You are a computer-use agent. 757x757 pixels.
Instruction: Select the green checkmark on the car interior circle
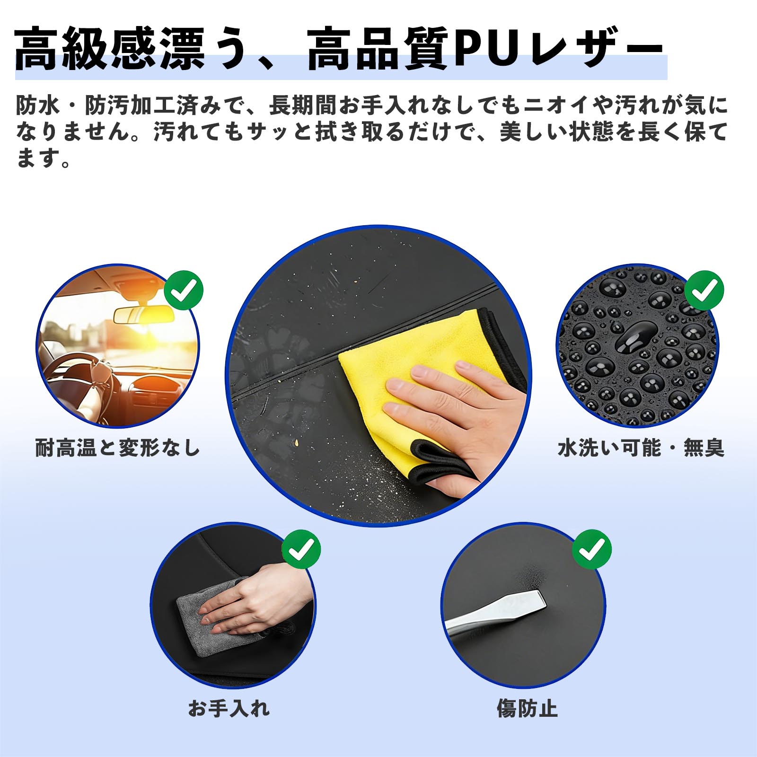click(x=184, y=290)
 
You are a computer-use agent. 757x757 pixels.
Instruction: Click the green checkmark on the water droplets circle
click(x=704, y=290)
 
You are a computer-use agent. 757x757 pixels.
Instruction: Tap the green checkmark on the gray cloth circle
click(x=301, y=549)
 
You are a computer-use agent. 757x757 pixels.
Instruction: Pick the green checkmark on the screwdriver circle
click(x=592, y=549)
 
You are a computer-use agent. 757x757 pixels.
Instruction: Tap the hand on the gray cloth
click(x=255, y=601)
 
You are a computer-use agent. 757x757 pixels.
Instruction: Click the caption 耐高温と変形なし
click(x=118, y=448)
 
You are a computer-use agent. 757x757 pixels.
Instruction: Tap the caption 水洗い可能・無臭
click(x=641, y=448)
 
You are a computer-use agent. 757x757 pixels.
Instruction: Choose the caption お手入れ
click(x=229, y=708)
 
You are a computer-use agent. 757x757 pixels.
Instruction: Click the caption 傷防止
click(x=527, y=708)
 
